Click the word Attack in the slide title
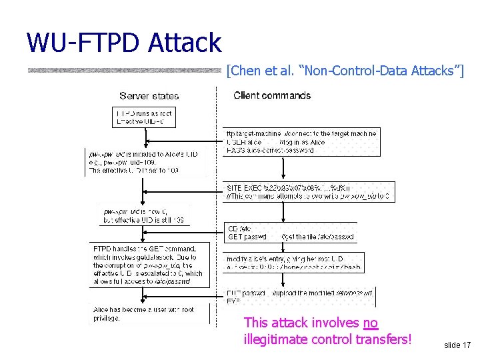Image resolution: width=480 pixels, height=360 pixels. click(x=185, y=43)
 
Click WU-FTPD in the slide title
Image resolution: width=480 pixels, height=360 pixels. click(x=83, y=43)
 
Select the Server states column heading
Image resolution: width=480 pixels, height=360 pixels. click(x=149, y=96)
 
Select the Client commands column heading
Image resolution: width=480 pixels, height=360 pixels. click(x=272, y=95)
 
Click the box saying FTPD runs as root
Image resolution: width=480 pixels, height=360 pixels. click(x=144, y=117)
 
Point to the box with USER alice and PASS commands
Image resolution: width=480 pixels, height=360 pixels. click(x=301, y=142)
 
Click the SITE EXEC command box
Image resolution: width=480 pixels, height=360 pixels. click(x=309, y=192)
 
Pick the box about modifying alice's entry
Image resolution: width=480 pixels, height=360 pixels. click(x=293, y=262)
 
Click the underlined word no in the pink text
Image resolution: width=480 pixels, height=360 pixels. click(x=371, y=323)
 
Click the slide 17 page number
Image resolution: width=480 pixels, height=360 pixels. click(x=457, y=345)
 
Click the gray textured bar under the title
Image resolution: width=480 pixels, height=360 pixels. click(x=124, y=70)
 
